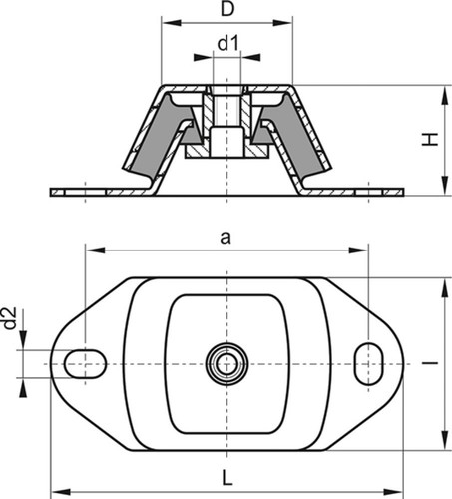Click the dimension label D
tap(227, 10)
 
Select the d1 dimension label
tap(228, 44)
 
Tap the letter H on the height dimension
tap(430, 139)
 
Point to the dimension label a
tap(226, 239)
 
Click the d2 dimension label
tap(10, 318)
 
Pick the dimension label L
tap(227, 478)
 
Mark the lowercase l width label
tap(430, 363)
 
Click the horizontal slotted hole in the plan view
tap(85, 363)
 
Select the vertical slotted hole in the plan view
tap(369, 364)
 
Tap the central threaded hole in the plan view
tap(226, 363)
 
